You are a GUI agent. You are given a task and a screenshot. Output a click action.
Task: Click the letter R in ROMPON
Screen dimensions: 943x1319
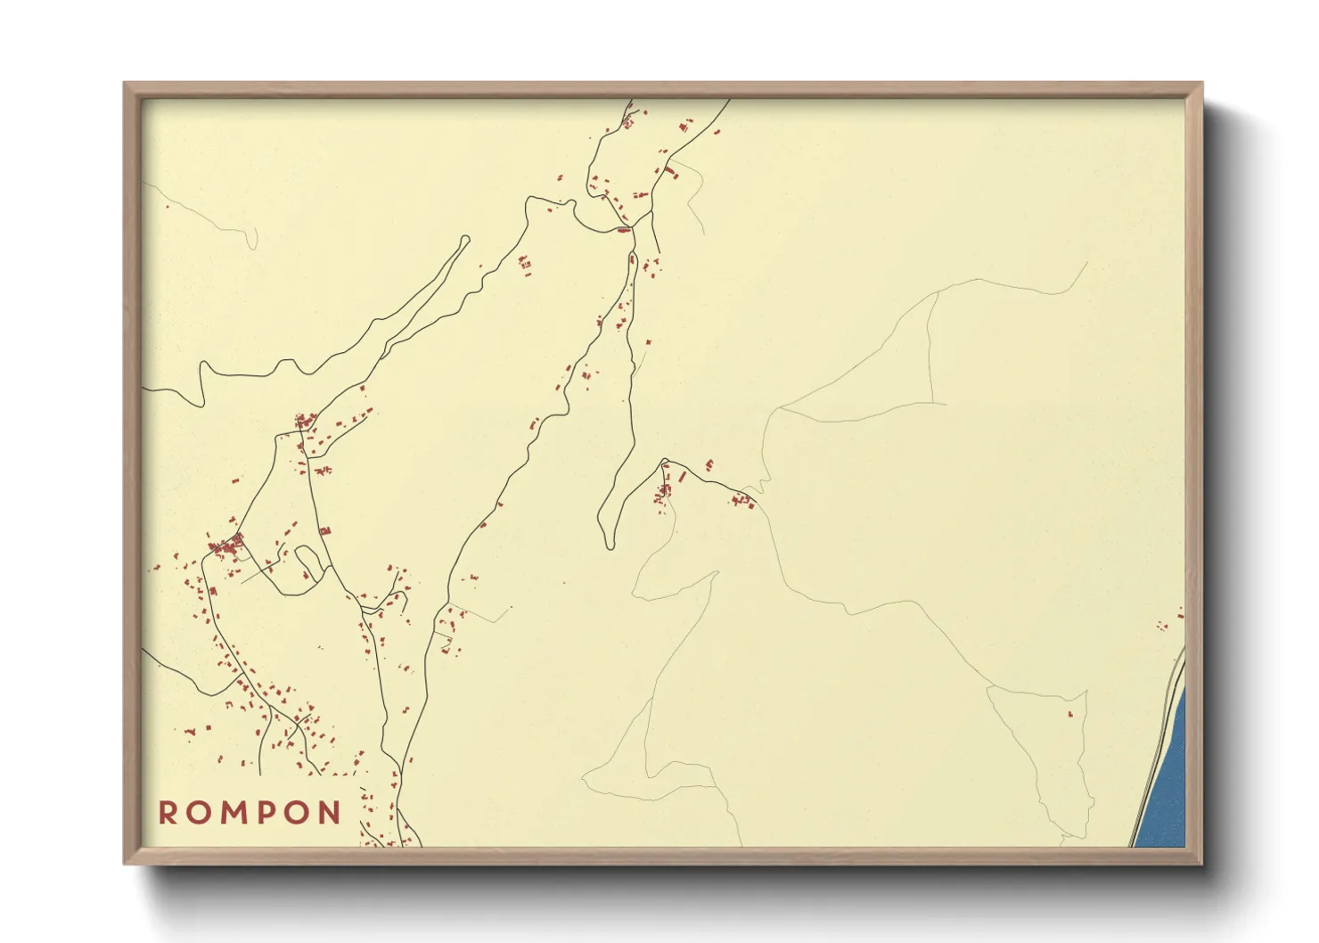168,813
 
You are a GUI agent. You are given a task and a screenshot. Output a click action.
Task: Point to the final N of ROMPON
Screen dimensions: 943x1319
331,813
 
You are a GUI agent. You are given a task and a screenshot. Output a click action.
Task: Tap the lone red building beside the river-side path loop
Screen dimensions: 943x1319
1070,713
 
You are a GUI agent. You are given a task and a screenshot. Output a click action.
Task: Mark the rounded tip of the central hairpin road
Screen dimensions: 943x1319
608,542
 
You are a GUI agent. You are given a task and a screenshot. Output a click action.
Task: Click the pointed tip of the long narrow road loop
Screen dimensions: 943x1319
465,239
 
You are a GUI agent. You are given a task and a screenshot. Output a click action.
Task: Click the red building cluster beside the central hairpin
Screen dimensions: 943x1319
664,490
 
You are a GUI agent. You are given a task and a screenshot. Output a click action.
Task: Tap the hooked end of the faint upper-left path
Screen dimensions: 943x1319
255,241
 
